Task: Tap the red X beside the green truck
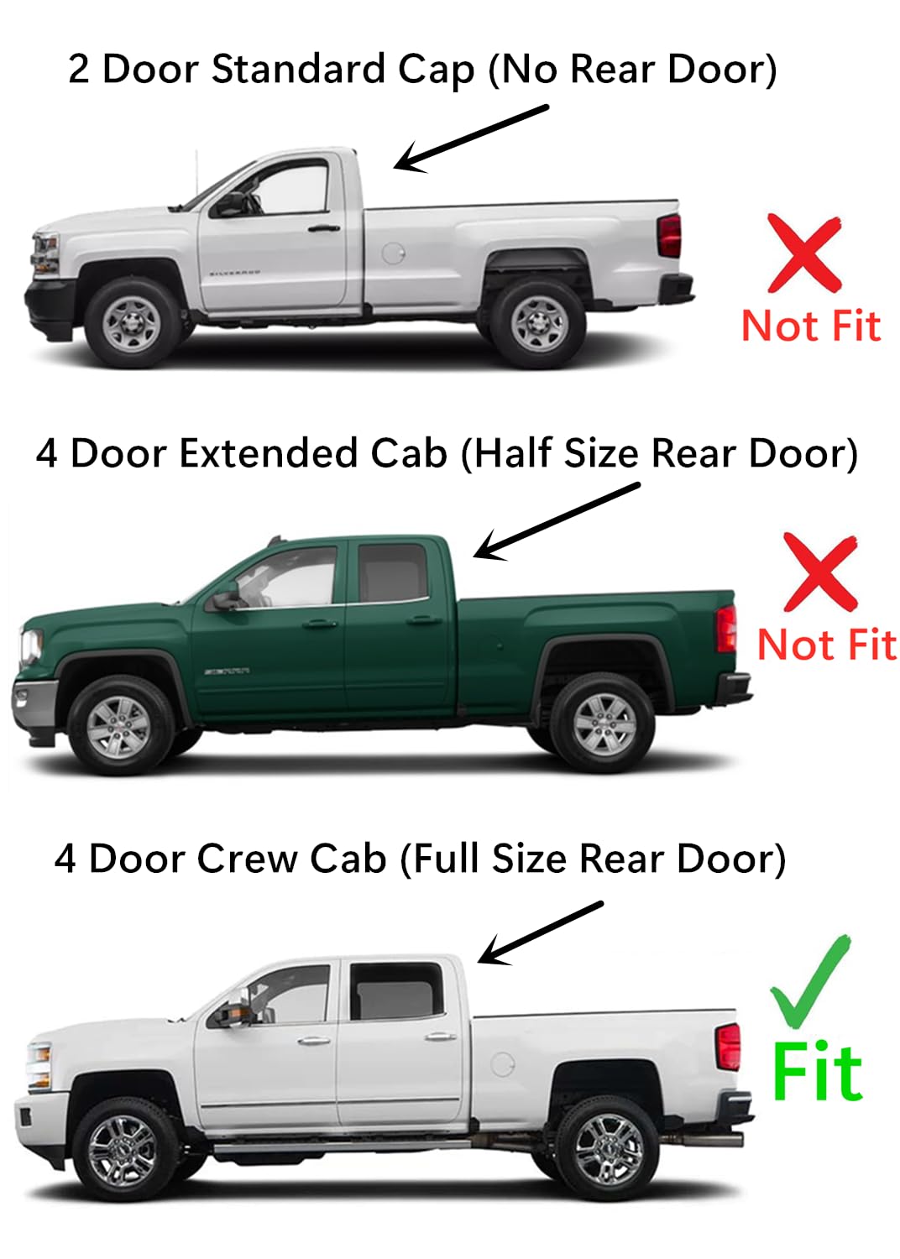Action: click(x=820, y=572)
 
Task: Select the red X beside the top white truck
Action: click(x=804, y=253)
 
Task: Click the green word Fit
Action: click(x=817, y=1072)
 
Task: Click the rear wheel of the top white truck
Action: click(x=538, y=323)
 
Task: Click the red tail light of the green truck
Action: click(x=726, y=628)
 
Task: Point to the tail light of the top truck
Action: click(x=669, y=236)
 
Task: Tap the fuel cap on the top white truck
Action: click(x=393, y=252)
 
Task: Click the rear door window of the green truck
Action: click(x=392, y=573)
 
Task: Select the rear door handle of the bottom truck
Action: click(x=440, y=1037)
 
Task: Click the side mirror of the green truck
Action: click(x=224, y=600)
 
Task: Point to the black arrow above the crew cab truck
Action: click(x=541, y=932)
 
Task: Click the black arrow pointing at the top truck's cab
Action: click(x=471, y=138)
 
